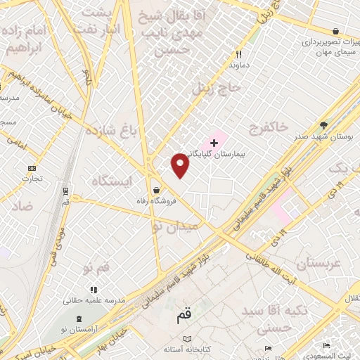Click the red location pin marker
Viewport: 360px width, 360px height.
(181, 165)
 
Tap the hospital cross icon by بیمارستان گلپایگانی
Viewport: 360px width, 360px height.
(214, 143)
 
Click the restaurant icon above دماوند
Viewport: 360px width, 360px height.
(239, 54)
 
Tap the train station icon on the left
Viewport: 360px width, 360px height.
(65, 191)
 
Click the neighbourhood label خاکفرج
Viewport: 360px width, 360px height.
(268, 127)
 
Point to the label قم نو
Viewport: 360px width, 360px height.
(96, 268)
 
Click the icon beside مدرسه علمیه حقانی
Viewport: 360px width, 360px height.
(92, 290)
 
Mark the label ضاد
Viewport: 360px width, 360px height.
(22, 206)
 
